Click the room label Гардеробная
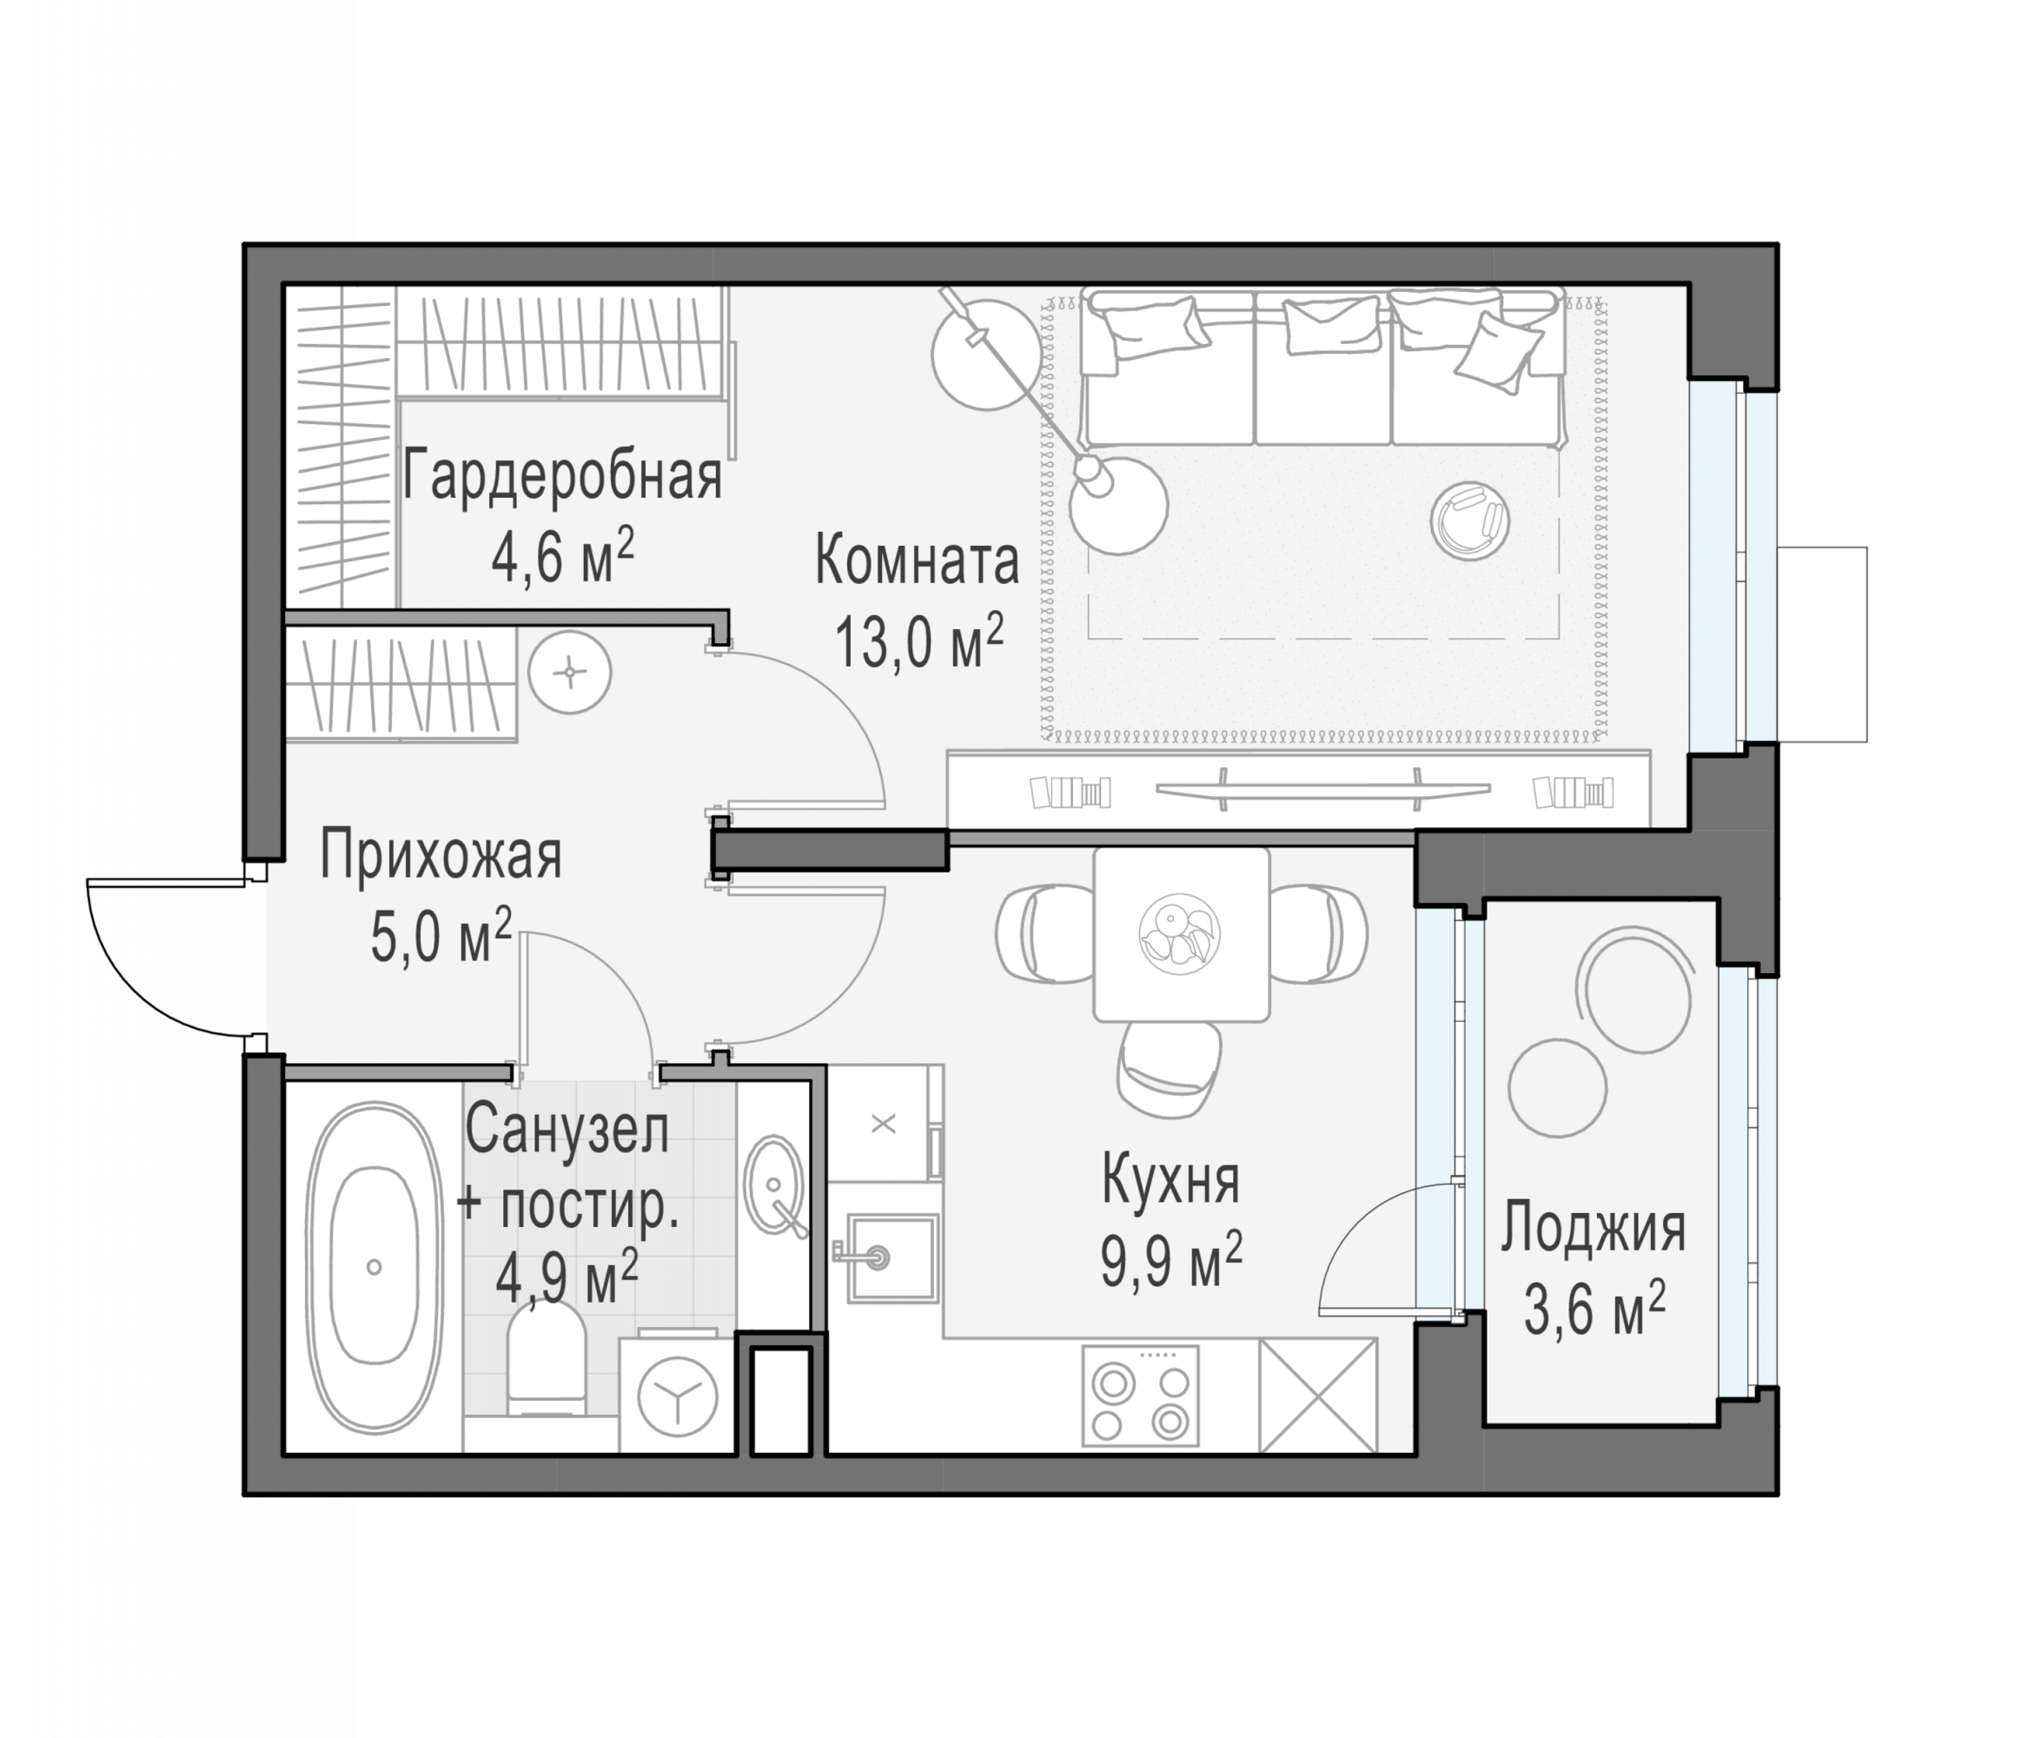click(562, 478)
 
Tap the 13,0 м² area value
click(918, 640)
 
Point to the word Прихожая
click(441, 855)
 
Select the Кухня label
click(1170, 1180)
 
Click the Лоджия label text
click(1593, 1228)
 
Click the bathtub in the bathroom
click(374, 1268)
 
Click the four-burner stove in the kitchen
click(1140, 1396)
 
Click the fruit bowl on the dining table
click(1180, 932)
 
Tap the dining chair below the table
click(1169, 1069)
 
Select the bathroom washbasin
click(774, 1186)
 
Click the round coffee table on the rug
click(1470, 521)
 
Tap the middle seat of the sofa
click(1322, 368)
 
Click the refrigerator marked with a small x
click(884, 1124)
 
